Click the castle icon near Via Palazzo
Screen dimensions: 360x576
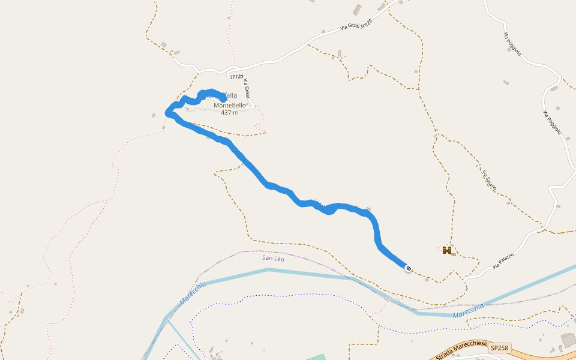coord(447,250)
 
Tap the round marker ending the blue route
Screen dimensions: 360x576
coord(409,268)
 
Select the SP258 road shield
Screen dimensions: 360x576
coord(499,348)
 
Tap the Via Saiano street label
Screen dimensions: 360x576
coord(490,179)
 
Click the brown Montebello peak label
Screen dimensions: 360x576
coord(230,105)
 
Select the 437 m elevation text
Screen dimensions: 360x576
coord(230,112)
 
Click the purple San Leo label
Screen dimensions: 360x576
coord(273,258)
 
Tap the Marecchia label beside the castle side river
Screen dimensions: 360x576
coord(468,310)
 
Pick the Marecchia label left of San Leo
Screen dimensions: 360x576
coord(192,293)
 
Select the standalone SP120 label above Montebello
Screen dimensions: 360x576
coord(236,77)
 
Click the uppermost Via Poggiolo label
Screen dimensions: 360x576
coord(512,44)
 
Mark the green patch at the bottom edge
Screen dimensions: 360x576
coord(317,358)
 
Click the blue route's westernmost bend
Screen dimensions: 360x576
coord(168,113)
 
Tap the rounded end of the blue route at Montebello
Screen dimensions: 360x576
coord(223,97)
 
